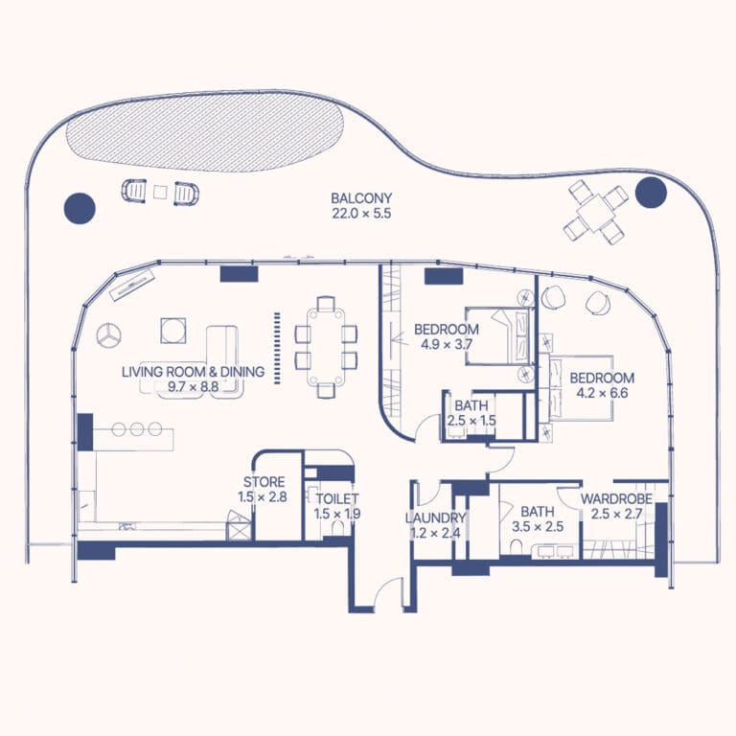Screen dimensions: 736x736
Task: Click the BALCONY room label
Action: (x=361, y=198)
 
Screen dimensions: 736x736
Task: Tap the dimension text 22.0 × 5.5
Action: (x=361, y=214)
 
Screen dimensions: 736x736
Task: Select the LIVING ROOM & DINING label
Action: (x=193, y=372)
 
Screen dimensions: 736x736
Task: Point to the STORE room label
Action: (x=264, y=482)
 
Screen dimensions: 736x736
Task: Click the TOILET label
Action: (x=337, y=498)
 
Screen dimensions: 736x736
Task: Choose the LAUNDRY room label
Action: (x=435, y=518)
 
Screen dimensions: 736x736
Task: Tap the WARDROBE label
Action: (x=616, y=498)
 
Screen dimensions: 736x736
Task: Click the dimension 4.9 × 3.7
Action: (x=447, y=345)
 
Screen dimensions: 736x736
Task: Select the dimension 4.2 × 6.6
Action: (x=602, y=393)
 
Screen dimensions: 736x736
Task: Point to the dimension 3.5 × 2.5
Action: (x=538, y=527)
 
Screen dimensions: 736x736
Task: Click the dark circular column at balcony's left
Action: (x=80, y=208)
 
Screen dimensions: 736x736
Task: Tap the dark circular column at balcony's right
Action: (x=651, y=193)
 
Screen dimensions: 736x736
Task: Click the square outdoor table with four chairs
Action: (x=596, y=214)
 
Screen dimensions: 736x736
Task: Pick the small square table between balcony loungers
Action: (x=160, y=192)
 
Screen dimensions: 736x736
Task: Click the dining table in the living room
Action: (x=326, y=346)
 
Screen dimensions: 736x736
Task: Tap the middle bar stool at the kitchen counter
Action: (x=137, y=429)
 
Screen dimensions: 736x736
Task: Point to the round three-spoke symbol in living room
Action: (x=108, y=335)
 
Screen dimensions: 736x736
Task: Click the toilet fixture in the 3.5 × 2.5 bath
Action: (x=515, y=547)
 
